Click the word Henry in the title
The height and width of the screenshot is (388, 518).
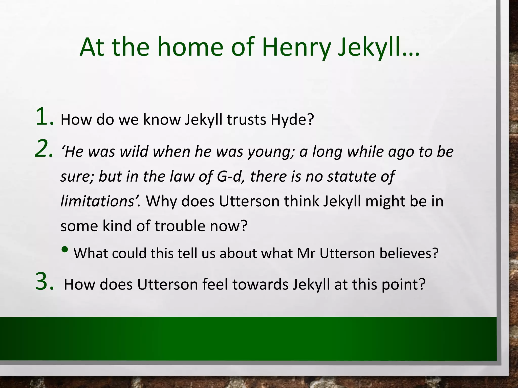(296, 47)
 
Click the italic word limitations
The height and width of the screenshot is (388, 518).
(97, 201)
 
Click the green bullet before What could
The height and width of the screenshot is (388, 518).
(65, 250)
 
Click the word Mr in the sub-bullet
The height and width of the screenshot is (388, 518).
(306, 253)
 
